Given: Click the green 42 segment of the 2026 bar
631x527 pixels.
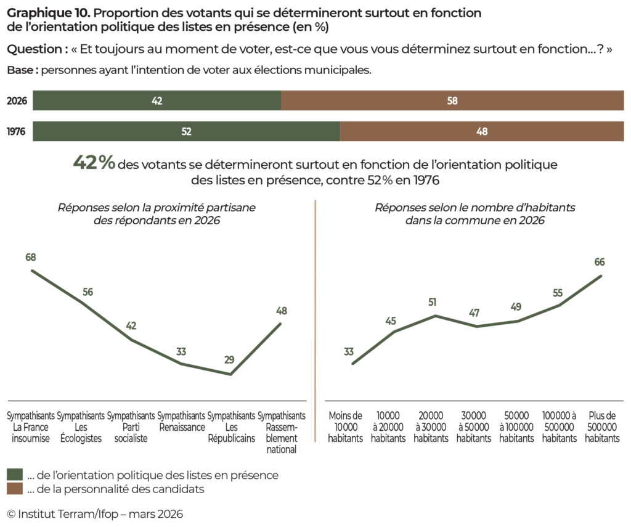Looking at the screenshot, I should (157, 101).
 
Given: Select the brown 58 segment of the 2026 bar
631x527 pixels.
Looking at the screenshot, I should (452, 101).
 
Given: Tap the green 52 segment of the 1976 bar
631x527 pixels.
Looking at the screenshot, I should (186, 131).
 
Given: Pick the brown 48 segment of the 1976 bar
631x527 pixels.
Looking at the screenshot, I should (481, 131).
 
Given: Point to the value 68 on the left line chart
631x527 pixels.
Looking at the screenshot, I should (31, 257).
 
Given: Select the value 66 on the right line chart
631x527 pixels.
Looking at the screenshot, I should (600, 262).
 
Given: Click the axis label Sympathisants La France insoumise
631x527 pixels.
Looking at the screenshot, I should (31, 427).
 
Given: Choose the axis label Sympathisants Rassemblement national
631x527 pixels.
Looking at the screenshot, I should (281, 432).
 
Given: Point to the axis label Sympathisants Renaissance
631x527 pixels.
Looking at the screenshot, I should (181, 421).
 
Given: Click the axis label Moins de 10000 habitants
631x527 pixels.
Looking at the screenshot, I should (346, 427).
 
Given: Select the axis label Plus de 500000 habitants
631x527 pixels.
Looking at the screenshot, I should (602, 427).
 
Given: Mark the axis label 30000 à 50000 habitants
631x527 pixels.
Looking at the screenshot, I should (474, 427).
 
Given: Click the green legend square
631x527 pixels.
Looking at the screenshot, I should (14, 475).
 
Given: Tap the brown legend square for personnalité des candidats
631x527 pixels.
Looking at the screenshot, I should (14, 489).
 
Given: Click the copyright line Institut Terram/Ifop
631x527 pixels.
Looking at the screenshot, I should (95, 513).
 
